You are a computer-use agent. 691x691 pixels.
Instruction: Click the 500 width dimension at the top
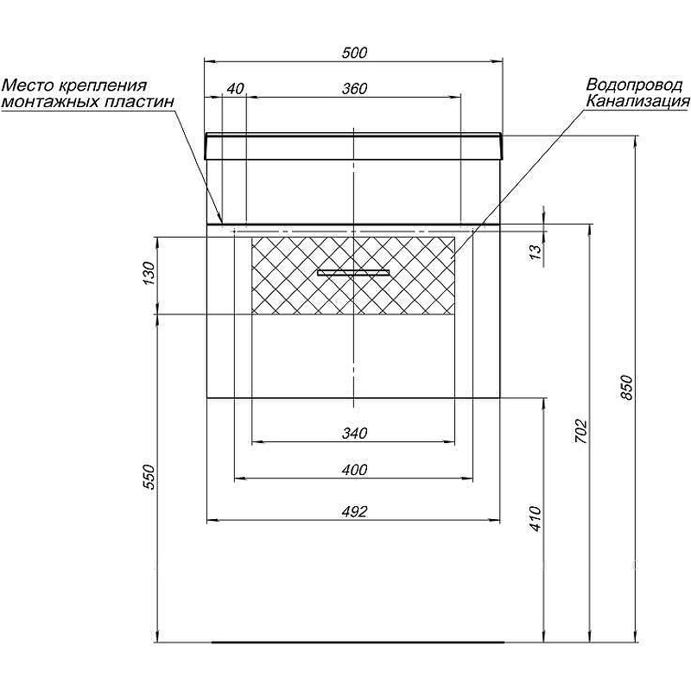point(354,53)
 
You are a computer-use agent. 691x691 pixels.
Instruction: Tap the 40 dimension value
point(235,89)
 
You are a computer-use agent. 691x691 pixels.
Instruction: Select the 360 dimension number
point(354,89)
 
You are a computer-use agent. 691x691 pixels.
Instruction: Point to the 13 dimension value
point(535,251)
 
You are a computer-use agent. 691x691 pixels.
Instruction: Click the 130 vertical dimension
point(149,273)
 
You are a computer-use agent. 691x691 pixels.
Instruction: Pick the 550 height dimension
point(149,477)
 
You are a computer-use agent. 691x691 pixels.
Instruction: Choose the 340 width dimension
point(354,434)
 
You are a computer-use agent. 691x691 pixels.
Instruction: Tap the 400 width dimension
point(354,470)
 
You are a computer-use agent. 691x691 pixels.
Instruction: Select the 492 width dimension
point(354,511)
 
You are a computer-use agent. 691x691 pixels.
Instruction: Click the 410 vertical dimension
point(535,519)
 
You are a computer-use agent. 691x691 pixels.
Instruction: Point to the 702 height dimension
point(581,431)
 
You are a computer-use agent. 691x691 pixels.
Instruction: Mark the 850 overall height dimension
point(626,387)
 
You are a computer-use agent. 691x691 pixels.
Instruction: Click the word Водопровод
point(634,84)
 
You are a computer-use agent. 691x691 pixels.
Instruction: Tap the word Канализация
point(637,102)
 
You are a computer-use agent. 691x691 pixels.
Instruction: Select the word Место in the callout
point(28,85)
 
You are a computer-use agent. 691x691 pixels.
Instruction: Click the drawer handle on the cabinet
point(353,273)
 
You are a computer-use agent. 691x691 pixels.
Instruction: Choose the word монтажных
point(51,102)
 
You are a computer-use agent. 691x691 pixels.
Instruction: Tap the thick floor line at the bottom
point(358,642)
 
